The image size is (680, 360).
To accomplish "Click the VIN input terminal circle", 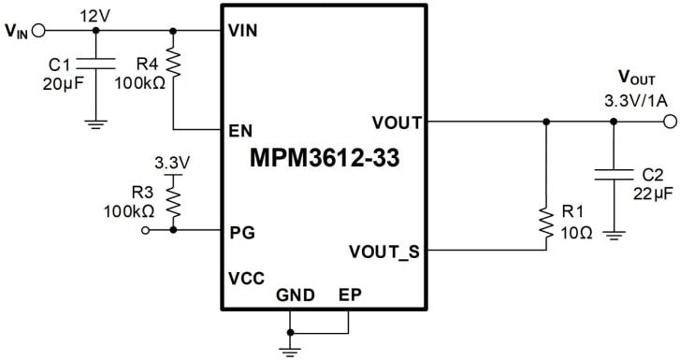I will click(x=38, y=30).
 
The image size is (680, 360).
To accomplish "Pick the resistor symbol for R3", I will click(x=173, y=198).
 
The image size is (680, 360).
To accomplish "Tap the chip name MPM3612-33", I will click(x=324, y=158).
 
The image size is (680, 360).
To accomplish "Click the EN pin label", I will click(x=239, y=129).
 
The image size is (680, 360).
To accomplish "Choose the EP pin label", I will click(x=350, y=294).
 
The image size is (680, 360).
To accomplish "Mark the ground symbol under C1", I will click(x=95, y=122).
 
